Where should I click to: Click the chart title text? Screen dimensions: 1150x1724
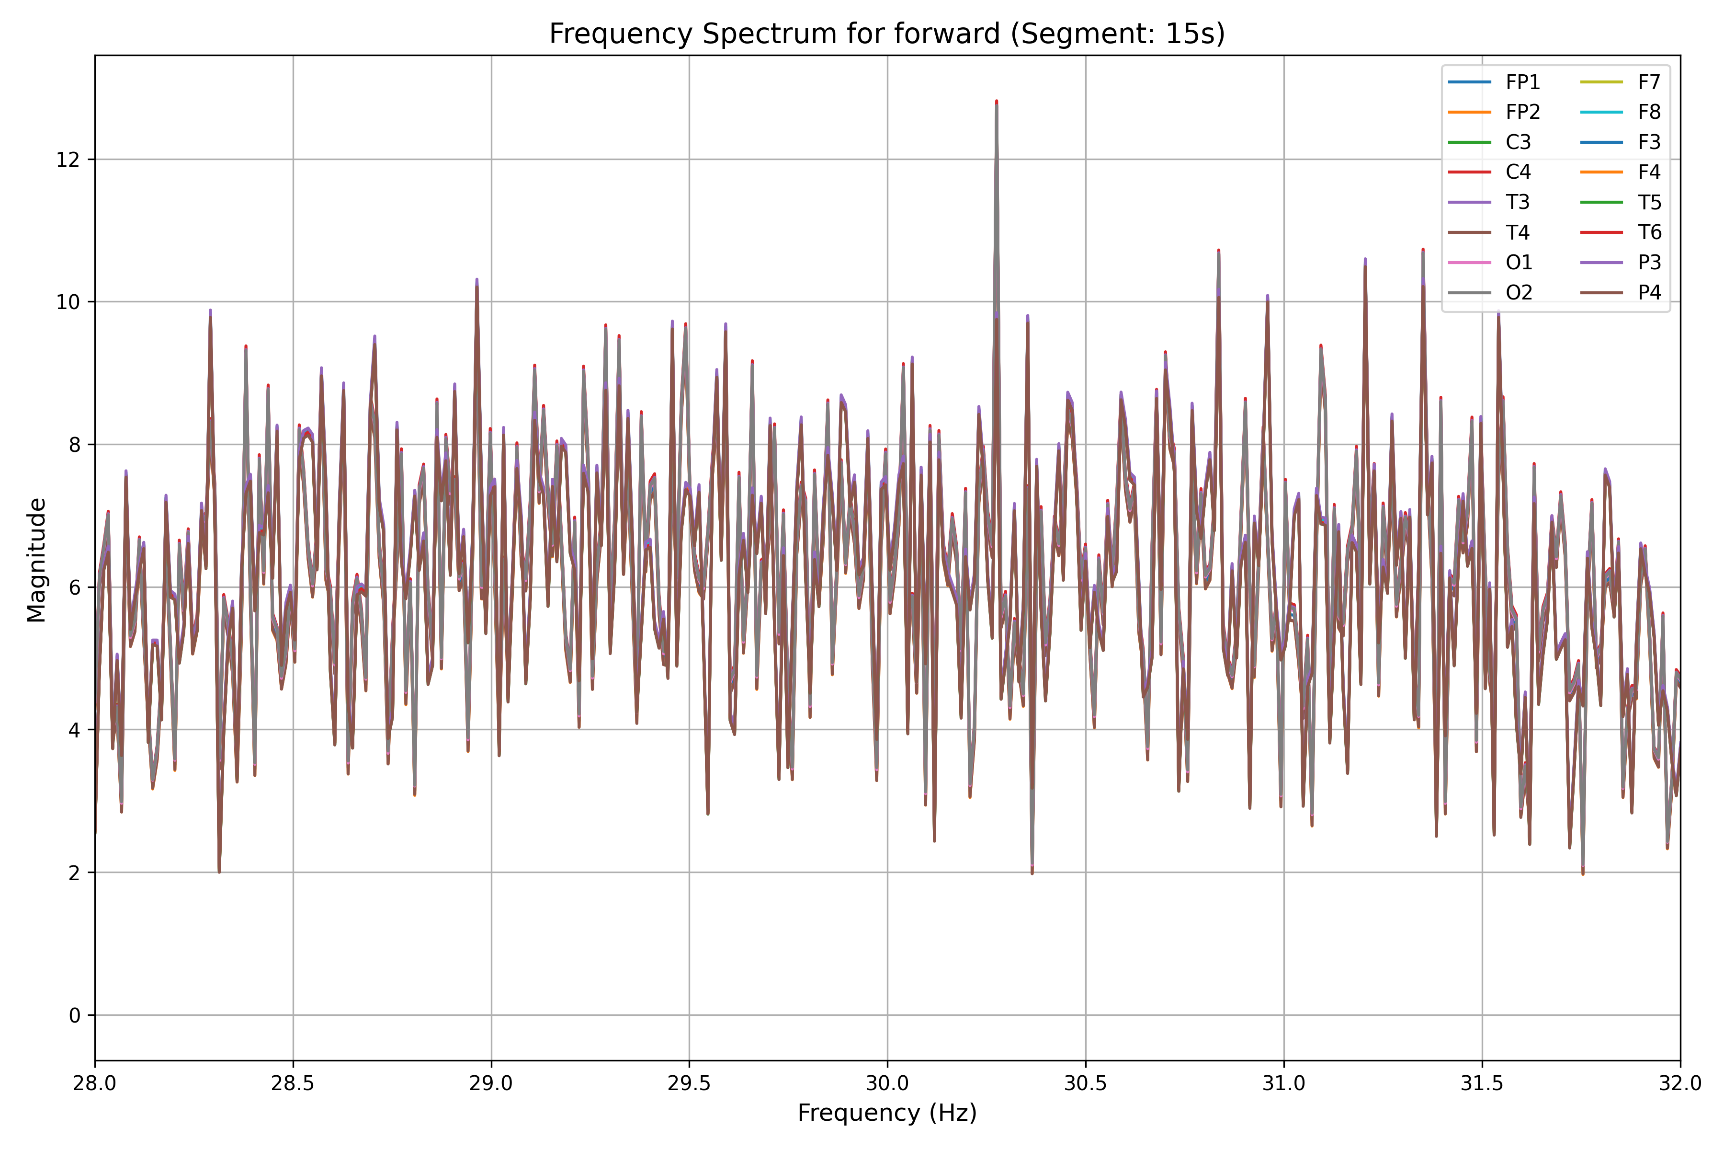887,34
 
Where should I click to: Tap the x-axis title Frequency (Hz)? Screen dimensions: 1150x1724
887,1113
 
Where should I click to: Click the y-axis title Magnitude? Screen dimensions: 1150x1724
37,560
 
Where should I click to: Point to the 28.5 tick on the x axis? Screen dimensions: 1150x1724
293,1083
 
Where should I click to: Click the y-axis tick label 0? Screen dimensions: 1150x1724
74,1016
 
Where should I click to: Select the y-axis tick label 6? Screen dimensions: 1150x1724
74,587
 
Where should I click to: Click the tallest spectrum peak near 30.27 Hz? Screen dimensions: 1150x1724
996,102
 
